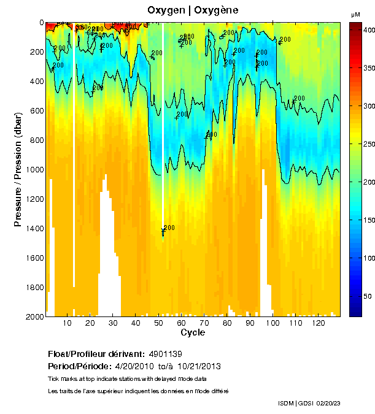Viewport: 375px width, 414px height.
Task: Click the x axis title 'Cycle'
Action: click(193, 332)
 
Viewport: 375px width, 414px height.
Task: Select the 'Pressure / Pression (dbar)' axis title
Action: click(18, 169)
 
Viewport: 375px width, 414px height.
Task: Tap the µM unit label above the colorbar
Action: click(355, 14)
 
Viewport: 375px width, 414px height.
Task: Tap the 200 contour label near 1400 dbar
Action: click(169, 228)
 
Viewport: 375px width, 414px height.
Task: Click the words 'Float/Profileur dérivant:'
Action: click(96, 354)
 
